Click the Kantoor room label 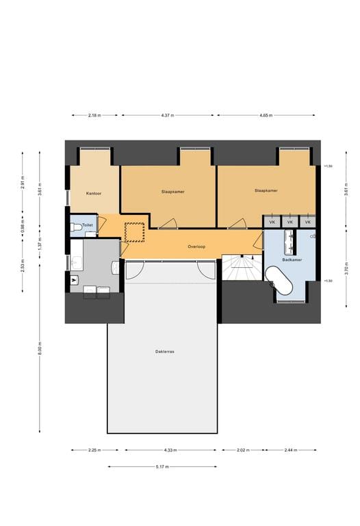(x=94, y=194)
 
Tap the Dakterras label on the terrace (x=165, y=351)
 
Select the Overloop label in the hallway (x=197, y=246)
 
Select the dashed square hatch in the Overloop (x=135, y=231)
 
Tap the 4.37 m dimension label (x=167, y=116)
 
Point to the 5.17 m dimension (x=162, y=466)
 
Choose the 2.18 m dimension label (x=94, y=116)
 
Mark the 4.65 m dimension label (x=266, y=116)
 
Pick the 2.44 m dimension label (x=291, y=450)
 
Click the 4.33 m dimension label (x=170, y=450)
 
